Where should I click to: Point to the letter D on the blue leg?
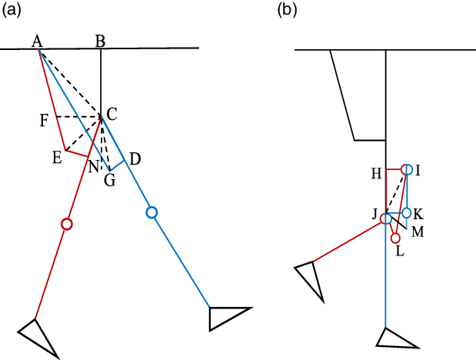click(x=135, y=159)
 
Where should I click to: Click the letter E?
click(x=57, y=158)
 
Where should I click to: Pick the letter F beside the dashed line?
click(x=45, y=120)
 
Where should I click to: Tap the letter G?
click(x=109, y=180)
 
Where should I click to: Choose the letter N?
click(x=93, y=167)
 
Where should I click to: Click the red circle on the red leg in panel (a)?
click(x=67, y=224)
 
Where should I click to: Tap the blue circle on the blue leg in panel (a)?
click(x=151, y=212)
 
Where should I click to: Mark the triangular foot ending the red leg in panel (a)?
click(x=38, y=337)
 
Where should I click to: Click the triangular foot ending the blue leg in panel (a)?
click(x=227, y=316)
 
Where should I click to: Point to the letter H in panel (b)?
click(x=376, y=175)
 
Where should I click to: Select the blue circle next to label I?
click(x=408, y=169)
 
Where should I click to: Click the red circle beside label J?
click(x=387, y=219)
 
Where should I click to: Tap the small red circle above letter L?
click(x=395, y=238)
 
